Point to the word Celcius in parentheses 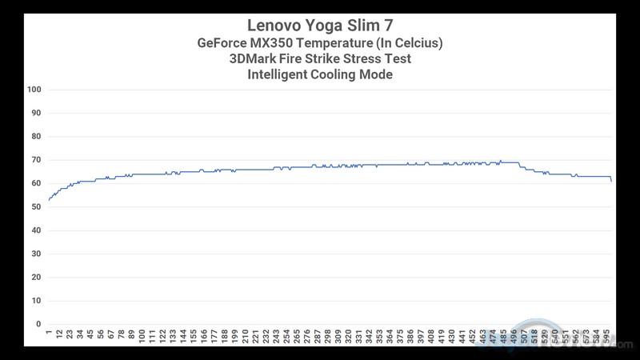[414, 42]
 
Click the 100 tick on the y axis [34, 90]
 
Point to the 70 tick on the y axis [36, 160]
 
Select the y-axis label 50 [36, 207]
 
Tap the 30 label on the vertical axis [36, 254]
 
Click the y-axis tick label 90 [36, 113]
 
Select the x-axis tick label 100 [142, 336]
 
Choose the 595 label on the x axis [608, 336]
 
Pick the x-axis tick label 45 [90, 334]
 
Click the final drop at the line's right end [611, 180]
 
